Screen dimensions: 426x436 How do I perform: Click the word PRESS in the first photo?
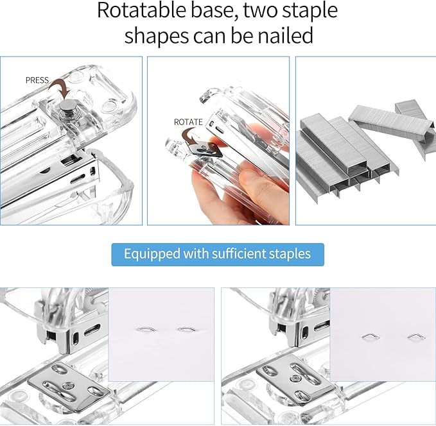37,80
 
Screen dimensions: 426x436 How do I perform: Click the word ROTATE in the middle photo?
188,122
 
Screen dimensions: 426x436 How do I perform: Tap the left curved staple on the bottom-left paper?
146,330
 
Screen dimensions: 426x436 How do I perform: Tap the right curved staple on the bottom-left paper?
186,330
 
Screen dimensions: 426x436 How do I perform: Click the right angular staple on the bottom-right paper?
414,336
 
